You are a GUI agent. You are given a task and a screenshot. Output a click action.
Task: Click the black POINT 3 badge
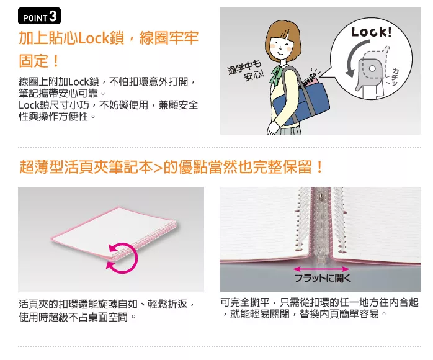pos(39,16)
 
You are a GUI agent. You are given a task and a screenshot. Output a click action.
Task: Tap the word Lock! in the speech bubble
pos(371,32)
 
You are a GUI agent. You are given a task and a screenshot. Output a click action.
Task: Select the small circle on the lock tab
pos(372,68)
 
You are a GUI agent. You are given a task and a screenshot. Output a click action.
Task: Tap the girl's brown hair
pos(282,38)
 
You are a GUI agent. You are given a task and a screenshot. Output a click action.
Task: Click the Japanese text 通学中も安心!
pos(246,70)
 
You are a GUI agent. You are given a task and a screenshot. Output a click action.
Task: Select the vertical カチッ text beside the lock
pos(395,76)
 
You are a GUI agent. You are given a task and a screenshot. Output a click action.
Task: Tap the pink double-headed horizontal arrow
pos(321,269)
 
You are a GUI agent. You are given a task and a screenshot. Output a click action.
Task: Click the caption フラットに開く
pos(323,278)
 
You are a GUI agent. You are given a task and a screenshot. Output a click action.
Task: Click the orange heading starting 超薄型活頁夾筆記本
pos(171,167)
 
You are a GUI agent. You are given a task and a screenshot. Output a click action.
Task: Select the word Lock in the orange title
pos(94,38)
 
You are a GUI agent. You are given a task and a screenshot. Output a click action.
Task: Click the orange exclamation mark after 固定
pos(55,61)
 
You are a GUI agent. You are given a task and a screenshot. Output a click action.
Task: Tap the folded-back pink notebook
pos(114,233)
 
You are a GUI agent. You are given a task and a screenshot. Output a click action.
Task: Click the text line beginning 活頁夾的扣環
pos(107,304)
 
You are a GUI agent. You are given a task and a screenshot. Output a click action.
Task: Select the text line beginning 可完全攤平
pos(319,302)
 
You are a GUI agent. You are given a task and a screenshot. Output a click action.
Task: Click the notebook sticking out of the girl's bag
pos(308,81)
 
